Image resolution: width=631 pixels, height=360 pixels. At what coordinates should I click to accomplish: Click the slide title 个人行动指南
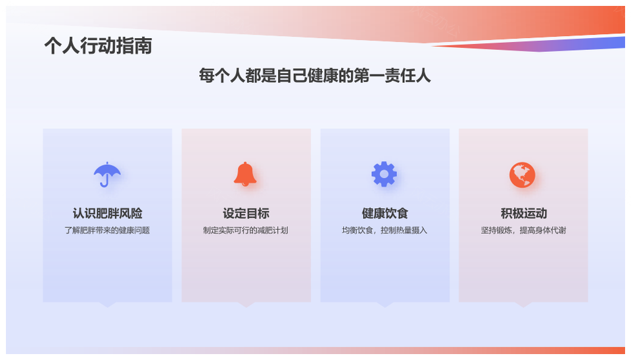point(98,46)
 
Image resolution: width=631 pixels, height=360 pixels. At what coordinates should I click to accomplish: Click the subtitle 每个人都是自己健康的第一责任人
point(315,76)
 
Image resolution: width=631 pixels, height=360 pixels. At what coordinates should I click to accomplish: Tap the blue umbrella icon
point(107,175)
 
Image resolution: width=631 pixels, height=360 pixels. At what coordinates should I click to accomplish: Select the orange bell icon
point(245,174)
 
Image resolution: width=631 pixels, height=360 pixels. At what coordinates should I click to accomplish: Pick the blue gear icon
point(384,174)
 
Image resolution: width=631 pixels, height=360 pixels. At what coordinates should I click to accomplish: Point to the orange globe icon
point(523,175)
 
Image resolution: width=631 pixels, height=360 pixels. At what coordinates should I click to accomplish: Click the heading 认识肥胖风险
point(107,214)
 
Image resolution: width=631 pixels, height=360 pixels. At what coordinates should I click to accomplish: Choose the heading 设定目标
point(246,214)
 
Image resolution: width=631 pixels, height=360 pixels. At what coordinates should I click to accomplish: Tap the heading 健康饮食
point(385,214)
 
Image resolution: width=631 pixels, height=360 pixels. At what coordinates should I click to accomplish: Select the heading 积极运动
point(524,214)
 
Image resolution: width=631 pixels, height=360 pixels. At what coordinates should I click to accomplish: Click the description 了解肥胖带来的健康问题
point(107,231)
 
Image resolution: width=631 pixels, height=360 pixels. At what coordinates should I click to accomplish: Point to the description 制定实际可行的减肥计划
point(245,231)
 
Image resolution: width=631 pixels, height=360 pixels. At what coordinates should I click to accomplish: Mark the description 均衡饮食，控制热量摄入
point(385,231)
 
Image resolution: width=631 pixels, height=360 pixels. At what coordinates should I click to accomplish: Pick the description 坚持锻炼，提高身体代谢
point(523,231)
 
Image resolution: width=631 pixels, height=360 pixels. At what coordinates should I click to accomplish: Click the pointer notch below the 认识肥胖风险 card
point(107,305)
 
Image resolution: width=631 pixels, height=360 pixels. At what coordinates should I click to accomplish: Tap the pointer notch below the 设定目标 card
point(246,305)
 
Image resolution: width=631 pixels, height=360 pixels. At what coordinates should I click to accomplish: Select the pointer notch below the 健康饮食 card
point(385,305)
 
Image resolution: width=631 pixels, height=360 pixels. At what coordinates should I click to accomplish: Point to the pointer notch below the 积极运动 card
point(524,305)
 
